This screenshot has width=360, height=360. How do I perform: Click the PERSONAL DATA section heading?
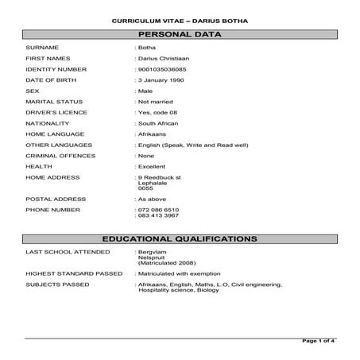point(180,35)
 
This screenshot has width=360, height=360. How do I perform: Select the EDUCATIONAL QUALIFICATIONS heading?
point(180,238)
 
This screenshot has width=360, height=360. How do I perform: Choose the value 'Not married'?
point(156,102)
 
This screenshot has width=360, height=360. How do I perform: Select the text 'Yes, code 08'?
point(158,113)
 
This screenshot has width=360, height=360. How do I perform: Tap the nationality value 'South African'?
point(159,124)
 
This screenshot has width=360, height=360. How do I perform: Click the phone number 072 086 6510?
point(158,210)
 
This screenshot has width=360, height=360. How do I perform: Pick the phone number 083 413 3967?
point(158,215)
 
